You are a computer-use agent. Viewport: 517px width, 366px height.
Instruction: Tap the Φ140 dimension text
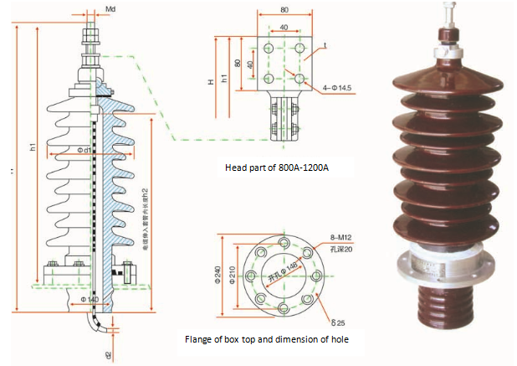pyautogui.click(x=89, y=299)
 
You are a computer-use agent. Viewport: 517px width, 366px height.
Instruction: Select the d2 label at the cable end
pyautogui.click(x=109, y=353)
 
